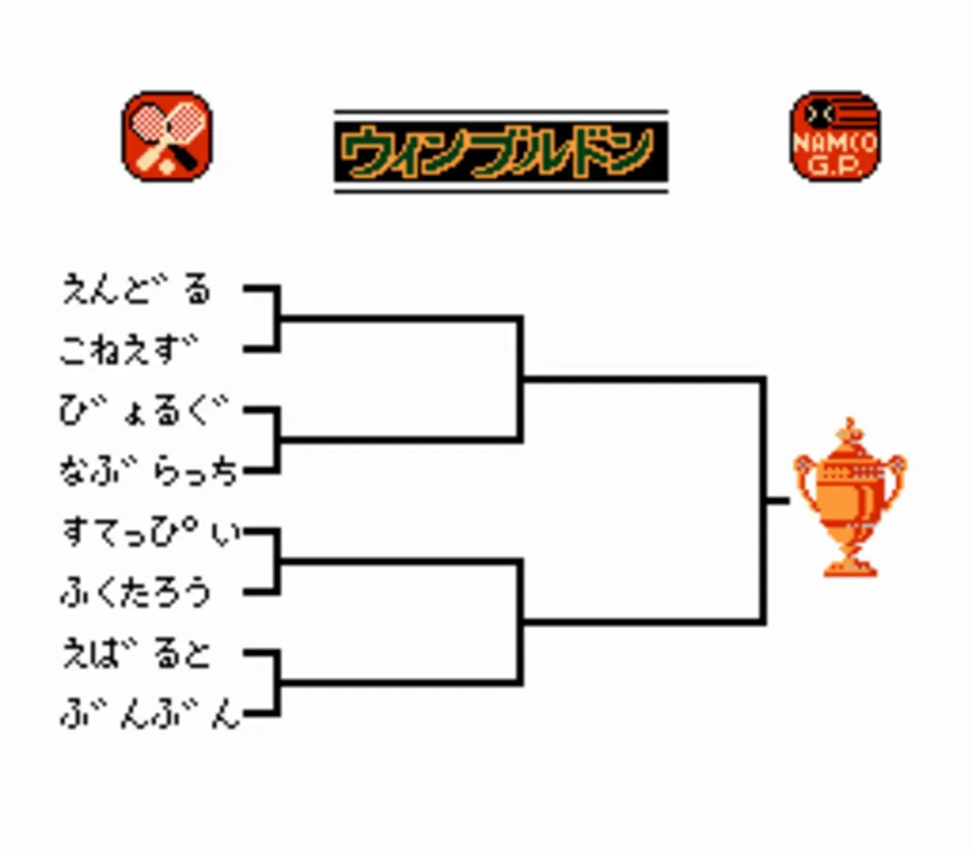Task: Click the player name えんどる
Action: [x=136, y=289]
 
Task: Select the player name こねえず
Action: [x=128, y=349]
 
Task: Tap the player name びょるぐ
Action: [x=143, y=411]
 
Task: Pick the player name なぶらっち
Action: [x=148, y=471]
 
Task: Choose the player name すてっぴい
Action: [x=152, y=532]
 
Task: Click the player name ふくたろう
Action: [x=135, y=593]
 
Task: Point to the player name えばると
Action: [x=136, y=653]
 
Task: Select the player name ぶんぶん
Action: [x=150, y=713]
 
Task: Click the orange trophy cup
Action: [x=849, y=497]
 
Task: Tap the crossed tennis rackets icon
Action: [x=167, y=136]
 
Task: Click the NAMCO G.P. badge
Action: [x=835, y=136]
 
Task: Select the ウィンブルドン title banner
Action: [x=501, y=152]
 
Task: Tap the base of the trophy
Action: [x=850, y=567]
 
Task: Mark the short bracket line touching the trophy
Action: [x=777, y=501]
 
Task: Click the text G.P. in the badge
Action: [x=835, y=165]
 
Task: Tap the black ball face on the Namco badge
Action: [x=819, y=114]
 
